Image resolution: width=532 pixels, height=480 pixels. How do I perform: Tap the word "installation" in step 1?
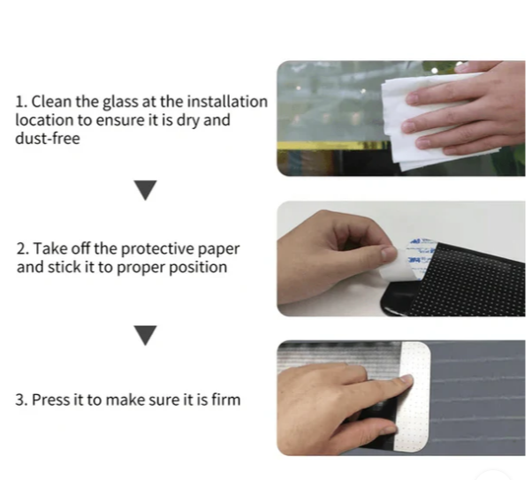click(227, 102)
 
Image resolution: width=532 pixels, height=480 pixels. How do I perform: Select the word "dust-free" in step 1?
click(48, 139)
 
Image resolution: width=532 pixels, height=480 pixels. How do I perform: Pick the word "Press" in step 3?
click(50, 400)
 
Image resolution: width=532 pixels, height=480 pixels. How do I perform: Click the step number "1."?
click(21, 102)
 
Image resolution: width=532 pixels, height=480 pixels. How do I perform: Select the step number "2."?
click(23, 249)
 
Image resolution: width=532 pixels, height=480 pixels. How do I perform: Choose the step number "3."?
click(21, 400)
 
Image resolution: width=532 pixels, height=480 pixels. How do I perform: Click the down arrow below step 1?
click(145, 190)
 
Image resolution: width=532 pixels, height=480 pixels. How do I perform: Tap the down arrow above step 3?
click(145, 335)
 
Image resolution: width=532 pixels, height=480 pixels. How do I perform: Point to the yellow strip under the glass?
click(332, 146)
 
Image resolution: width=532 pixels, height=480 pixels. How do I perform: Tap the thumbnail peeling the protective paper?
click(389, 253)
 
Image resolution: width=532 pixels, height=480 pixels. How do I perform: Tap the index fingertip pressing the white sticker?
click(407, 379)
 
